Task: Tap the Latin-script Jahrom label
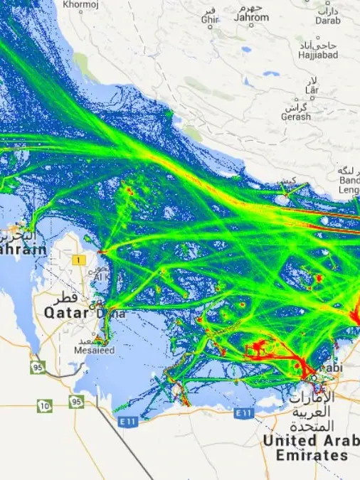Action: (253, 17)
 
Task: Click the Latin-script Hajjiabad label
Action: (317, 54)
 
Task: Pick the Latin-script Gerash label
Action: (296, 117)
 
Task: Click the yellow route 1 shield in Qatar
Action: (77, 261)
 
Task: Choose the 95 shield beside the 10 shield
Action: (76, 401)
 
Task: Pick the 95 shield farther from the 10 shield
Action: (37, 367)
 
